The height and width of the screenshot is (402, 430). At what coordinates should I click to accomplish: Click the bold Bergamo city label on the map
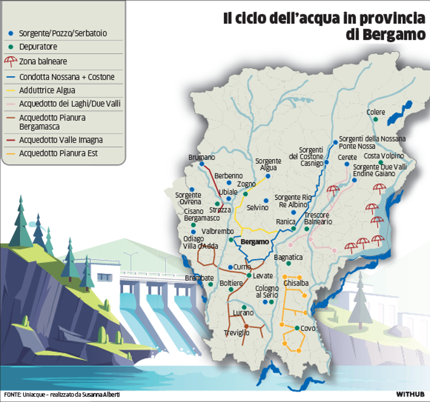coord(255,242)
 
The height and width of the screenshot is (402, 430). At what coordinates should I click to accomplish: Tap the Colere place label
coord(376,112)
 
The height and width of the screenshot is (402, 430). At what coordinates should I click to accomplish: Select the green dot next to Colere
coord(375,119)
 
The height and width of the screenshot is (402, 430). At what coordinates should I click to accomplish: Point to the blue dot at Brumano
coord(202,164)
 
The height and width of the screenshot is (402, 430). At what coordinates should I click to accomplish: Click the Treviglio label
coord(237,333)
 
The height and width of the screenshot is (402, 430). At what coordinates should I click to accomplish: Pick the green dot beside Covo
coord(297,328)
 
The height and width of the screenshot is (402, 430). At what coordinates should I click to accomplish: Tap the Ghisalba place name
coord(295,283)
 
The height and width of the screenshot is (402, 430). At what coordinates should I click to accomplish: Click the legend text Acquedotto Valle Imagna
coord(61,140)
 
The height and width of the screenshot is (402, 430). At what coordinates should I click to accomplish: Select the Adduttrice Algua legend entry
coord(47,90)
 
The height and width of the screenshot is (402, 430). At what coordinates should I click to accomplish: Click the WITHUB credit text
coord(410,394)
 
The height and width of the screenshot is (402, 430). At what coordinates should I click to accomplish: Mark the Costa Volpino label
coord(384,156)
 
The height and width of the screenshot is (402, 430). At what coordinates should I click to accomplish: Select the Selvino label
coord(258,208)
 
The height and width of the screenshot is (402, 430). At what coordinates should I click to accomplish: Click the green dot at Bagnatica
coord(288,264)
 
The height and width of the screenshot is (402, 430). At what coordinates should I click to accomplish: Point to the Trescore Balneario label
coord(318,218)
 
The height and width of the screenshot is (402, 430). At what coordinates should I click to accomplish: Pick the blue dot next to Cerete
coord(347,164)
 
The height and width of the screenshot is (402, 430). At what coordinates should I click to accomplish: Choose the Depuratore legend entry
coord(38,47)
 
